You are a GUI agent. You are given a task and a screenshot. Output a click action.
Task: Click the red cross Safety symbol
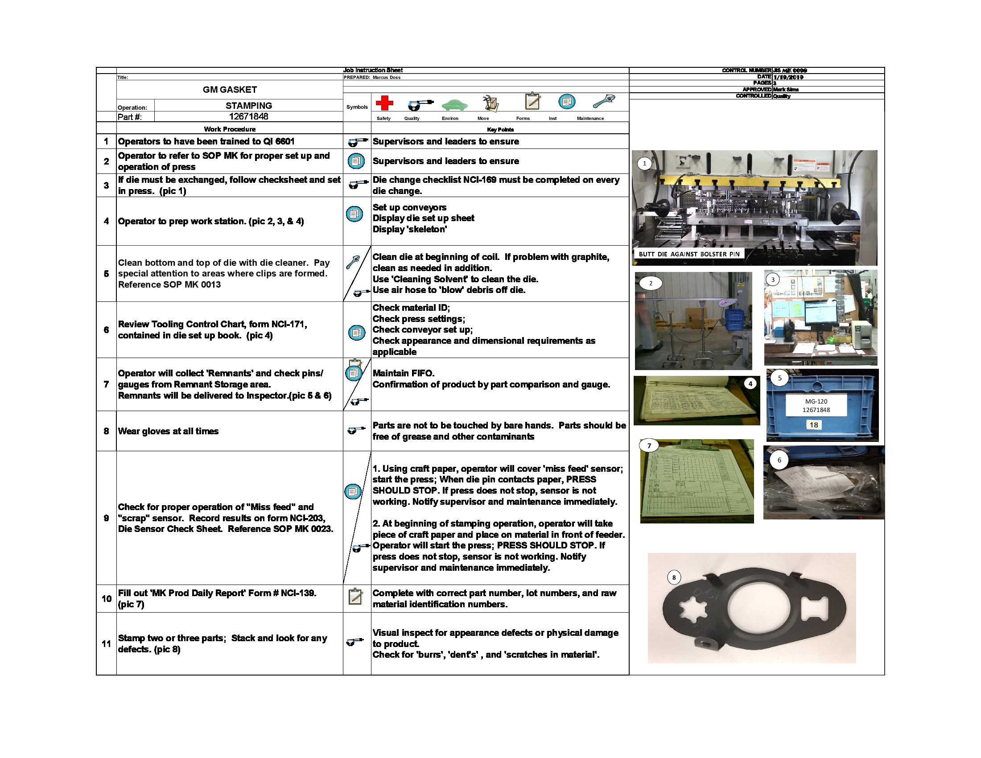pos(384,103)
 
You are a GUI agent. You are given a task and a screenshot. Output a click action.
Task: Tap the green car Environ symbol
pos(454,105)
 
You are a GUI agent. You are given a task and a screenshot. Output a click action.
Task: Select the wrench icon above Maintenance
pos(603,102)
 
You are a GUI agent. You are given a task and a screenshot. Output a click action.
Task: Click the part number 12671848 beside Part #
pos(248,117)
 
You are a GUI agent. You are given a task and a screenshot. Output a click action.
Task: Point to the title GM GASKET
pos(230,90)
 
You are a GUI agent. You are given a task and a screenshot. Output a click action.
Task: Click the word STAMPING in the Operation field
pos(248,106)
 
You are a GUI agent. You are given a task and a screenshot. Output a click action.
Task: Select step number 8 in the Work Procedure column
pos(106,431)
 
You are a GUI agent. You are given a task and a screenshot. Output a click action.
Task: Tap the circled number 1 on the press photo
pos(645,164)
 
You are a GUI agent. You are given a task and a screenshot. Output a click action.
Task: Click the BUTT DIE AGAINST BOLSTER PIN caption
pos(688,254)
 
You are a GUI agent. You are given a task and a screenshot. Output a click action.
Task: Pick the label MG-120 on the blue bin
pos(816,401)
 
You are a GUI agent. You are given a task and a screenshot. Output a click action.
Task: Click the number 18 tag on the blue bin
pos(813,425)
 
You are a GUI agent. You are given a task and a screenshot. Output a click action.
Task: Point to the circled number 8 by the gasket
pos(674,577)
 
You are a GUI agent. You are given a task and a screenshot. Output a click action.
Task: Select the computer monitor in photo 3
pos(821,313)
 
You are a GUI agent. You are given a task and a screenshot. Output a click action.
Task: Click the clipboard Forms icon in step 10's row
pos(355,596)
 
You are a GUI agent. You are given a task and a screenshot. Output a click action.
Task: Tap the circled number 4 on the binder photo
pos(750,383)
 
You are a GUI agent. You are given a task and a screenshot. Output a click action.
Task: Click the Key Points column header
pos(500,130)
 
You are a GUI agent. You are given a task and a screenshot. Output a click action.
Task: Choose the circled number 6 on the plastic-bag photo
pos(779,460)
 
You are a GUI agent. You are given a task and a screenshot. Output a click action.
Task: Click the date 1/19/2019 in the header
pos(788,77)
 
